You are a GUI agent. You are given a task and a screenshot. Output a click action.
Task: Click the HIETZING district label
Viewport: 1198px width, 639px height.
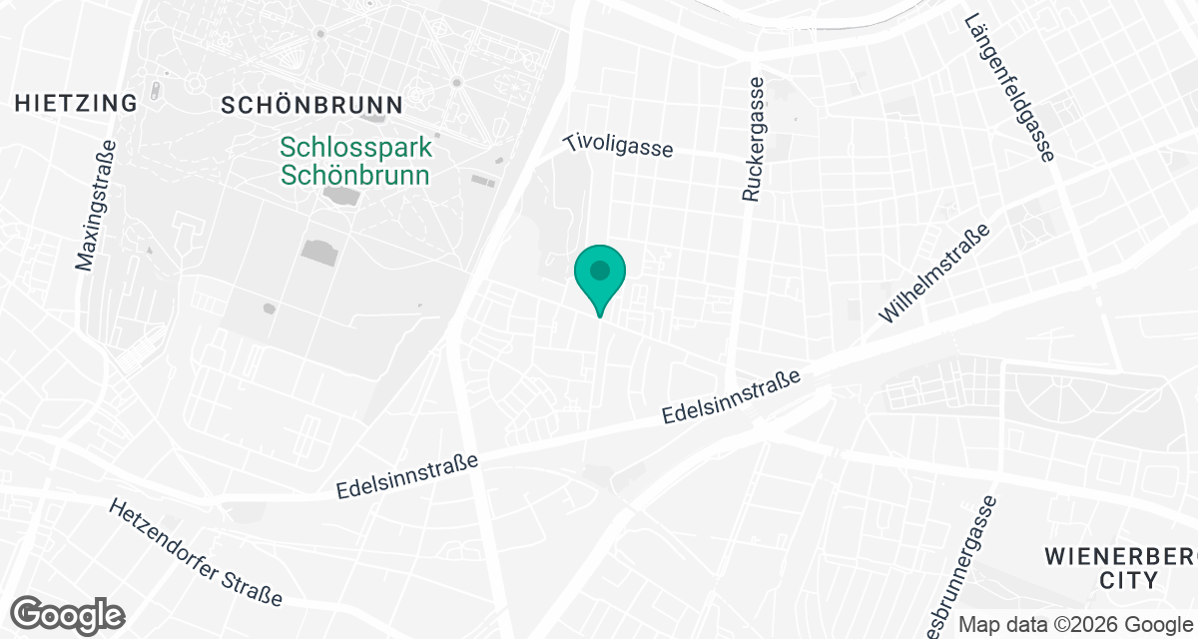coord(76,103)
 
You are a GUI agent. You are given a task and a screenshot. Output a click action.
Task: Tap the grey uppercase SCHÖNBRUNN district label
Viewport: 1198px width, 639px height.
coord(311,105)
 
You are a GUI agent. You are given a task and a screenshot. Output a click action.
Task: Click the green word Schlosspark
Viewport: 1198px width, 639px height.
coord(356,148)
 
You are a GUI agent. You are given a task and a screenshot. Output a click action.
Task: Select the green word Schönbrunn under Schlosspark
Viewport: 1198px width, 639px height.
coord(355,176)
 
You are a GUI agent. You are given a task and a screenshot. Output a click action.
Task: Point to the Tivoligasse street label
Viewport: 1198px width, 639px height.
coord(618,146)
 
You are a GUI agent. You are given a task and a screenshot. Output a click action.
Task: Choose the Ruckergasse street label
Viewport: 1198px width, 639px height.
coord(754,140)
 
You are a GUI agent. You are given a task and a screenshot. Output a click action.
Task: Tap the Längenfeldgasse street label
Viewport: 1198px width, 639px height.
coord(1009,87)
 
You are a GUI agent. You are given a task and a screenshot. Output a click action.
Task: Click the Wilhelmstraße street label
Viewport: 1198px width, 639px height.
coord(934,274)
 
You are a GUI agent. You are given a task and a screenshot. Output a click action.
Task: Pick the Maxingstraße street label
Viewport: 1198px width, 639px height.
coord(96,206)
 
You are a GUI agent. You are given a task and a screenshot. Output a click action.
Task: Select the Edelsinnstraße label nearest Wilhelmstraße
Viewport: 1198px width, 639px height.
coord(733,398)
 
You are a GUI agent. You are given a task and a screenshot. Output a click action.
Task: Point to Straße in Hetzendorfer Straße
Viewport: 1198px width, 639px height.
coord(258,589)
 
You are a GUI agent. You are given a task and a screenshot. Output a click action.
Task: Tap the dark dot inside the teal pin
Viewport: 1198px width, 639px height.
coord(599,270)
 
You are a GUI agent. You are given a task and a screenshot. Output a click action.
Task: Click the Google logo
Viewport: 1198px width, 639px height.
coord(68,614)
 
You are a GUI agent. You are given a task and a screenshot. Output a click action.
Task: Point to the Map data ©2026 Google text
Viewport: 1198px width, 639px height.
coord(1076,624)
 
